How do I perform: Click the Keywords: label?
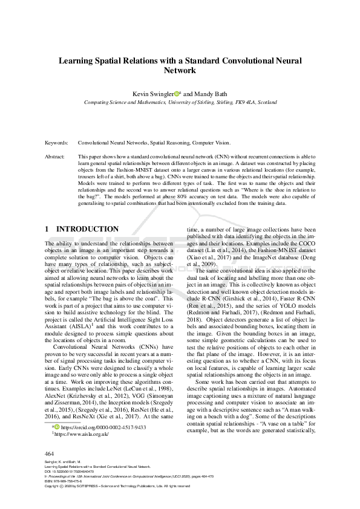(x=57, y=143)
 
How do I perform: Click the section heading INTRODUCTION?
(x=87, y=230)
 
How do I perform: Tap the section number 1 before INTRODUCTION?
(x=48, y=230)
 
